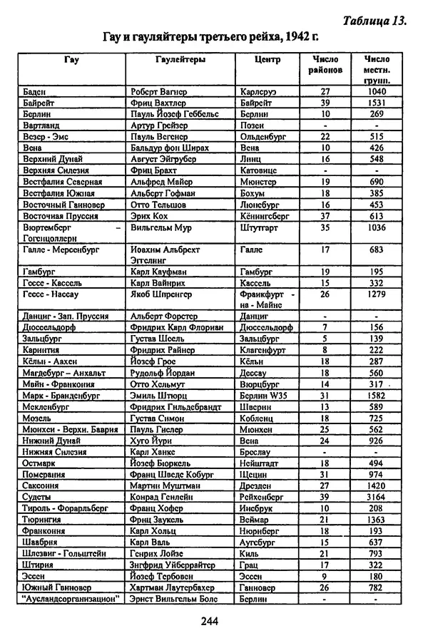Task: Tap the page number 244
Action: point(210,620)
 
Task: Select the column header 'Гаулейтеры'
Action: point(180,60)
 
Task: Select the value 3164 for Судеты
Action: point(376,496)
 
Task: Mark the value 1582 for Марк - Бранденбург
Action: point(376,396)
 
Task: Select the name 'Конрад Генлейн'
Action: point(163,496)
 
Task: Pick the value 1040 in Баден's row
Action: point(376,92)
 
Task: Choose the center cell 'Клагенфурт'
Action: point(267,350)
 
